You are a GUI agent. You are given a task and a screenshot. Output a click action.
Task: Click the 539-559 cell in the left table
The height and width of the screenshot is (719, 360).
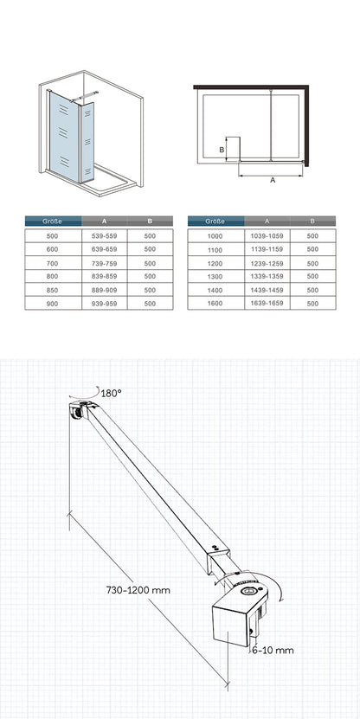coord(104,236)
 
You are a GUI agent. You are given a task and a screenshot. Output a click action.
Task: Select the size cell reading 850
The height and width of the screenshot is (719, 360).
coord(53,290)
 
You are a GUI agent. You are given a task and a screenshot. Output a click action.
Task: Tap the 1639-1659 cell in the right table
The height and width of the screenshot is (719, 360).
coord(267,303)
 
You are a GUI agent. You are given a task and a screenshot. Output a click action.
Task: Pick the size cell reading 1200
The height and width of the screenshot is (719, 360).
coord(215,264)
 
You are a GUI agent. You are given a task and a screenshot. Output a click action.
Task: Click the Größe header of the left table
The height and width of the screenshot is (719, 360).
coord(53,221)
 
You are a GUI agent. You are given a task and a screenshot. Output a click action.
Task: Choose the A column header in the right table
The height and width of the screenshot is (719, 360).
coord(267,221)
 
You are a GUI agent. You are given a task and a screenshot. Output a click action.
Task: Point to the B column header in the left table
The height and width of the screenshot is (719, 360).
coord(150,221)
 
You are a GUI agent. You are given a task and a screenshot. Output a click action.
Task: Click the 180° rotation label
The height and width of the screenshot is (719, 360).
coord(112,393)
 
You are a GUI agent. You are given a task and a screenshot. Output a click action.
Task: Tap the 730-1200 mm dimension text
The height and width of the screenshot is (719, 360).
coord(138,590)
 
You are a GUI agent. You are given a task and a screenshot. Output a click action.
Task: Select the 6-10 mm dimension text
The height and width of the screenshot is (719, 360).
coord(273,650)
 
